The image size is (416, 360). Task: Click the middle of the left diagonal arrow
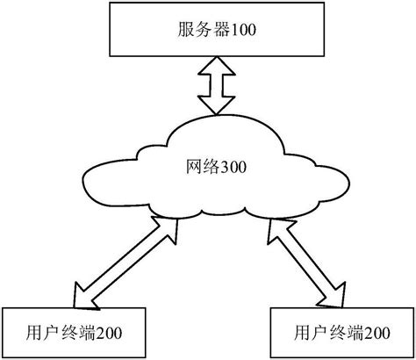click(x=125, y=261)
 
